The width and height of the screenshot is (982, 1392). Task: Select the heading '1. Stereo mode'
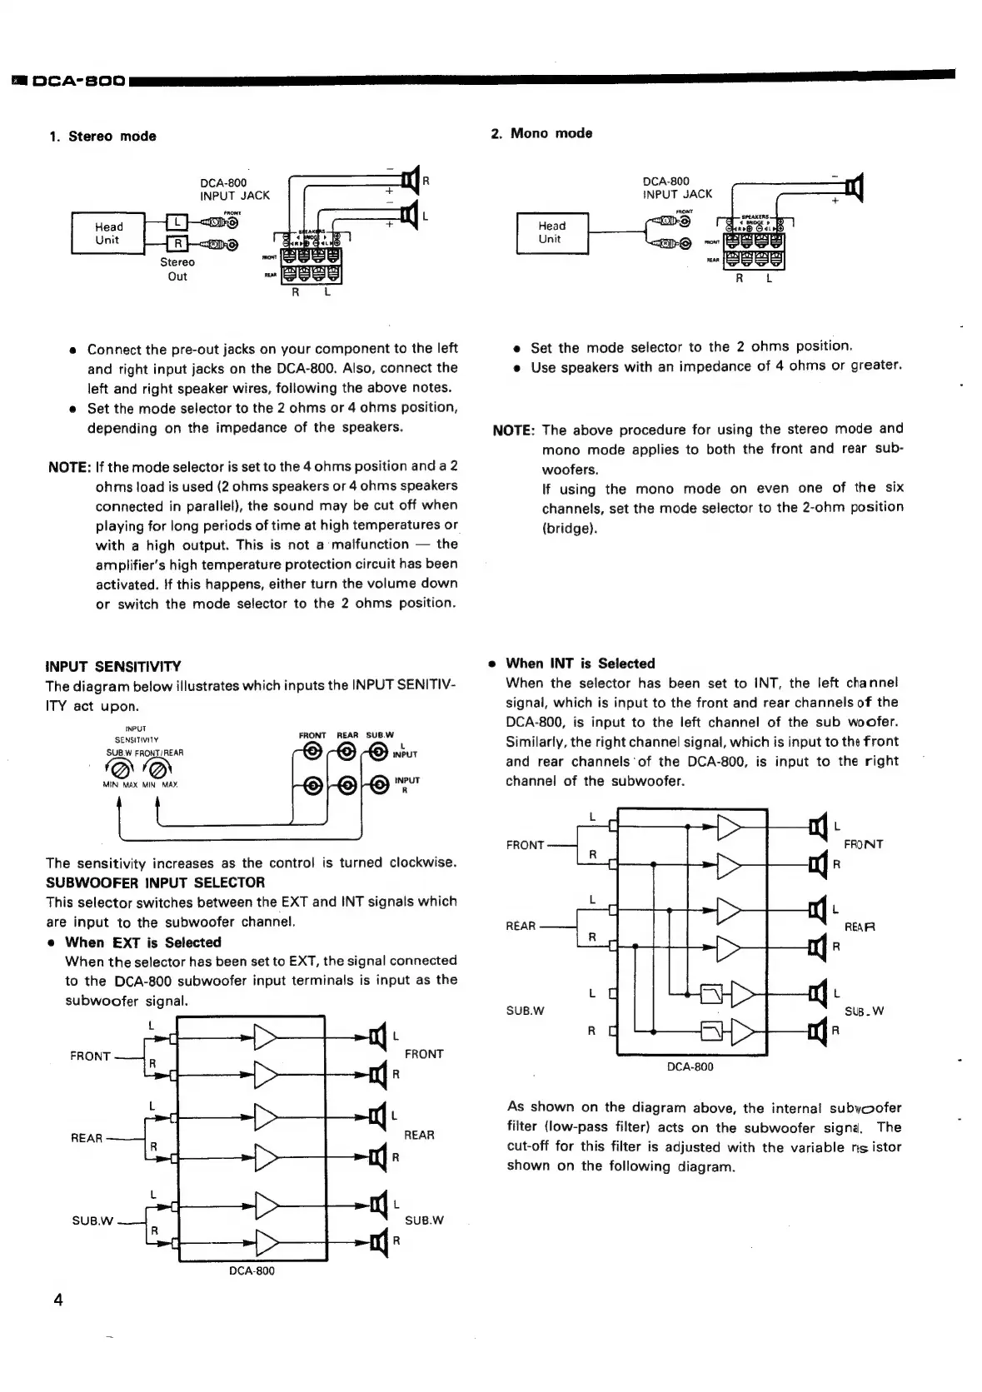coord(102,137)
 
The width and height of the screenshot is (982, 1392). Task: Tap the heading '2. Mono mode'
coord(541,133)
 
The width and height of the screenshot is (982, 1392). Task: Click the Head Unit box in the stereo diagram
coord(108,233)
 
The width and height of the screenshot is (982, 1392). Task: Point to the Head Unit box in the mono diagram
coord(551,232)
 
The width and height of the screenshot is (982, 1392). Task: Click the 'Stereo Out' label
coord(177,269)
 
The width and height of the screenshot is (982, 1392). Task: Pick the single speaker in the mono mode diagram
coord(853,187)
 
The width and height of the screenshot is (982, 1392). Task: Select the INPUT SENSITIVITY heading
coord(112,667)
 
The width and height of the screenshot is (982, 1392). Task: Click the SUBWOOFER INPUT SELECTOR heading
coord(155,882)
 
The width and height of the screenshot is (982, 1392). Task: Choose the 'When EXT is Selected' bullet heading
coord(142,942)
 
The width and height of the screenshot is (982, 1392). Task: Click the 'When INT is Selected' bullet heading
coord(580,664)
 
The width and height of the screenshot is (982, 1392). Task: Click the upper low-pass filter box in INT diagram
coord(713,993)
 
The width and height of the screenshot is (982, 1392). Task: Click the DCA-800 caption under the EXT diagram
coord(252,1271)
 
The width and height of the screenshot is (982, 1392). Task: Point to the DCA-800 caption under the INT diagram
coord(690,1066)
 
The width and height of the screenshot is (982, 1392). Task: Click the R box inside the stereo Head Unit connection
coord(177,244)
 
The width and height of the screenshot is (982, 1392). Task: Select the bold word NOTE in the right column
coord(511,430)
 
